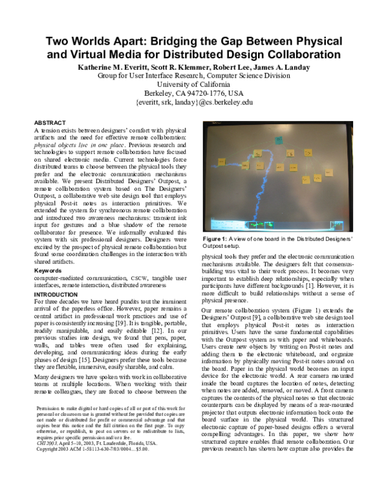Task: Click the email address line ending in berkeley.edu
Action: coord(194,102)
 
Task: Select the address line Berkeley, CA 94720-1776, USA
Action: coord(194,93)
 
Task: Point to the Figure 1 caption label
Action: coord(230,240)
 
